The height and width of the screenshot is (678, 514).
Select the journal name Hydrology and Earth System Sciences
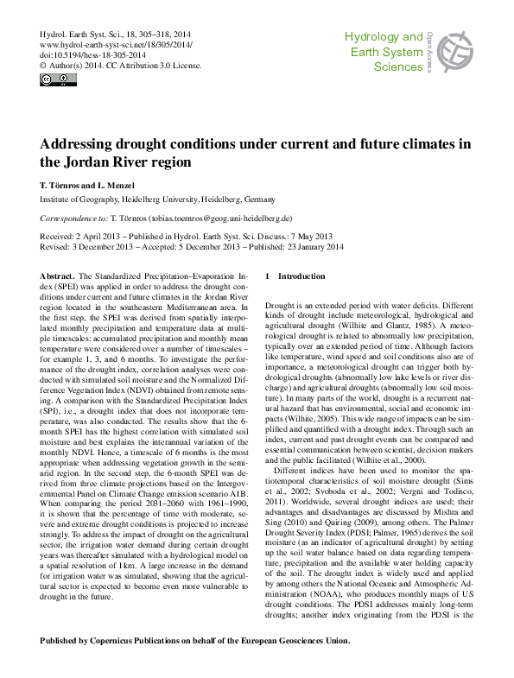pos(384,51)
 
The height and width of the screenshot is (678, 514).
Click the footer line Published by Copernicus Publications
pos(195,640)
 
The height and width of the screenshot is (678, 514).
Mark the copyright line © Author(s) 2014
pos(80,65)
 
